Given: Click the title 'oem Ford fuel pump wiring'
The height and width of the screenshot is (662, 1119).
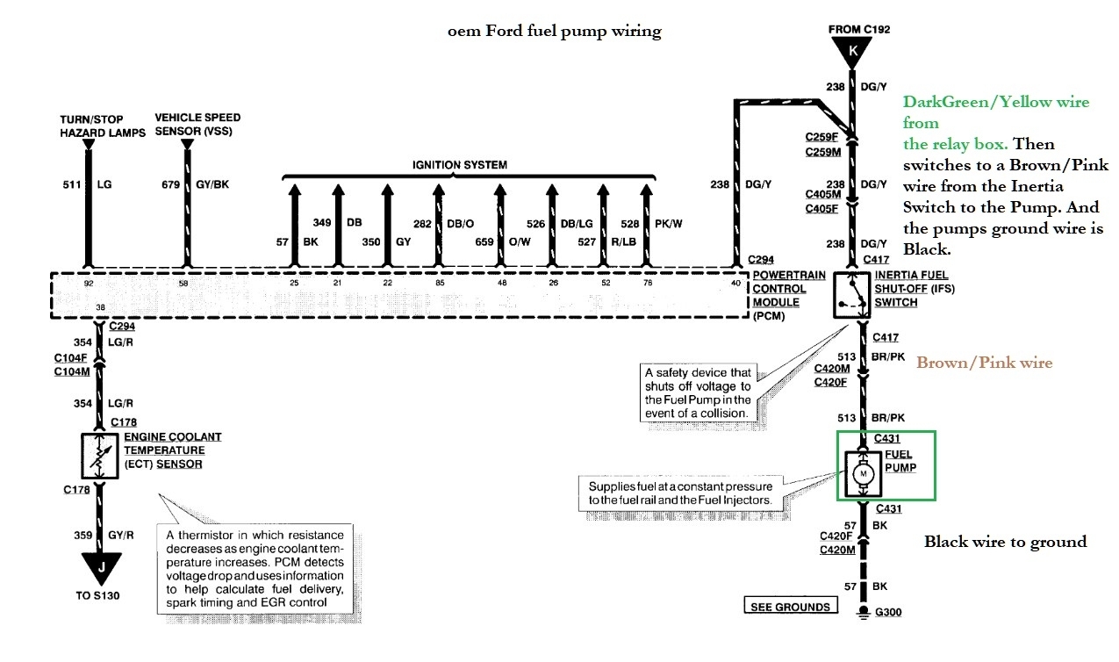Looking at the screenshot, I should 553,32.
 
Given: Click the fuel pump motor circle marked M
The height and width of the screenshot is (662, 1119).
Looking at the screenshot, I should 863,475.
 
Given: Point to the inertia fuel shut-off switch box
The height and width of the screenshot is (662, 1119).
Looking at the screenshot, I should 849,294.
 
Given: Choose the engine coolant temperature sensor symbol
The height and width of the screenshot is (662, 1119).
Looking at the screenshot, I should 101,455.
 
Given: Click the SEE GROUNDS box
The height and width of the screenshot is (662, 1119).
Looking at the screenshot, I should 789,606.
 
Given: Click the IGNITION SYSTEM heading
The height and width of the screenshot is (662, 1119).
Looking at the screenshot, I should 460,165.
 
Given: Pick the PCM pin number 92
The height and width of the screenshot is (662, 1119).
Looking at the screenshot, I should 87,284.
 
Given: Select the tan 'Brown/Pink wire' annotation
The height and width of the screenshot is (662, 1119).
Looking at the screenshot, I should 984,362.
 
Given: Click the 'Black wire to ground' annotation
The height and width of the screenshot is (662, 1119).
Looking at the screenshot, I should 1005,542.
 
